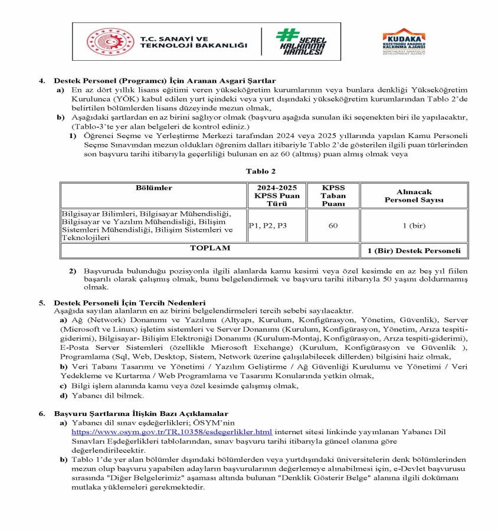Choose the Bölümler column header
pos(153,188)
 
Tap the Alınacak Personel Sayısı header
pos(413,196)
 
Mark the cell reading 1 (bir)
pos(413,225)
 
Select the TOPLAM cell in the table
pos(209,248)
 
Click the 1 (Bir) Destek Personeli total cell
pos(413,251)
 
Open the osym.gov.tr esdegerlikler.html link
pos(172,432)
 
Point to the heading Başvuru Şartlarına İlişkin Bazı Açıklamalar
pos(141,414)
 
